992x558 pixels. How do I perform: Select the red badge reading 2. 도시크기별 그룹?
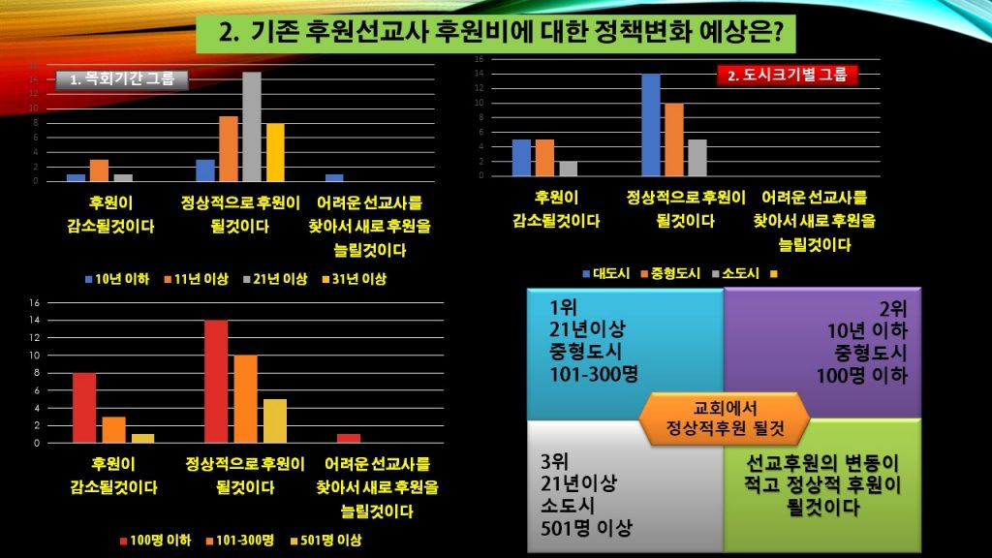pyautogui.click(x=788, y=74)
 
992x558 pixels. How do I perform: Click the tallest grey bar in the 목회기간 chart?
pyautogui.click(x=252, y=126)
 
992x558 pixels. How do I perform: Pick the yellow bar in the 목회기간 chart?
pyautogui.click(x=275, y=152)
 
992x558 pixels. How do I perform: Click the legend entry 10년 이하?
pyautogui.click(x=118, y=279)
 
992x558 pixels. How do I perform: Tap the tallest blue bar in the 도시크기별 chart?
pyautogui.click(x=651, y=124)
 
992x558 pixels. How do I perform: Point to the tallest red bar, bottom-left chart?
pyautogui.click(x=216, y=381)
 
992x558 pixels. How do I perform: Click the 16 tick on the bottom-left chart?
pyautogui.click(x=33, y=302)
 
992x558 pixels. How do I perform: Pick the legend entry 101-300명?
pyautogui.click(x=240, y=540)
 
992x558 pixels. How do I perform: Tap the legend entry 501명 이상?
pyautogui.click(x=329, y=540)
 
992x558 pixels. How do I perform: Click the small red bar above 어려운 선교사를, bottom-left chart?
pyautogui.click(x=348, y=438)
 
